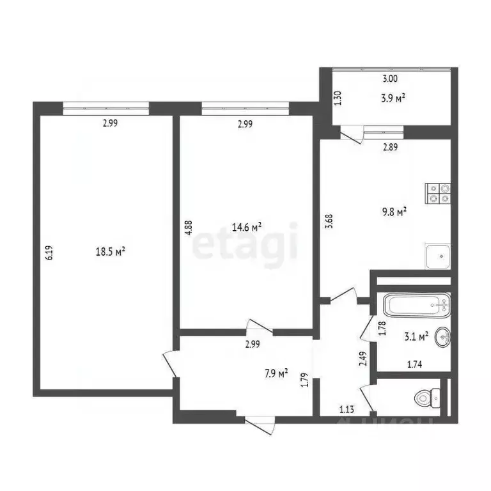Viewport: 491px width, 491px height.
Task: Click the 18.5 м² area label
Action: tap(110, 251)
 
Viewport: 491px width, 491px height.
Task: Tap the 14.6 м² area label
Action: tap(247, 226)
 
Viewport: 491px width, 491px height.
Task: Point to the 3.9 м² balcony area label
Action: tap(394, 98)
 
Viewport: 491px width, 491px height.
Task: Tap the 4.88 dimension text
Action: tap(188, 229)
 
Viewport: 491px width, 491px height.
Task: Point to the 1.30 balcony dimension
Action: tap(338, 98)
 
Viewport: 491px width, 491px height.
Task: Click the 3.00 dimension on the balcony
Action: tap(390, 79)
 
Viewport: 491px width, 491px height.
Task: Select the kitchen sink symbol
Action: tap(439, 255)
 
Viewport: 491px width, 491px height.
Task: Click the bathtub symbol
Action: tap(416, 304)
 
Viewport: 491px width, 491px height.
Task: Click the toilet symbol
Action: tap(424, 398)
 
